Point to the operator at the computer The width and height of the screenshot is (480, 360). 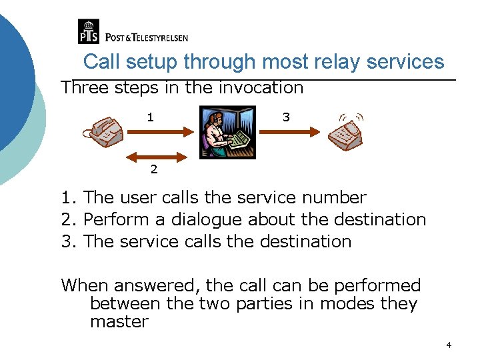[x=227, y=132]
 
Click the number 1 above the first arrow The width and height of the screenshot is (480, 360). [x=151, y=117]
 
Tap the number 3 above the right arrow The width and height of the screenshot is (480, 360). [x=286, y=117]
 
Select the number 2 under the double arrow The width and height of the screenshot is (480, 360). [x=154, y=169]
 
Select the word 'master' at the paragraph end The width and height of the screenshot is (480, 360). [x=119, y=322]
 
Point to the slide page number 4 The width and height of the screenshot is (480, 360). [x=449, y=345]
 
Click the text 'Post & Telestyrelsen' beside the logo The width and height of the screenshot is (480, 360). [x=147, y=38]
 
